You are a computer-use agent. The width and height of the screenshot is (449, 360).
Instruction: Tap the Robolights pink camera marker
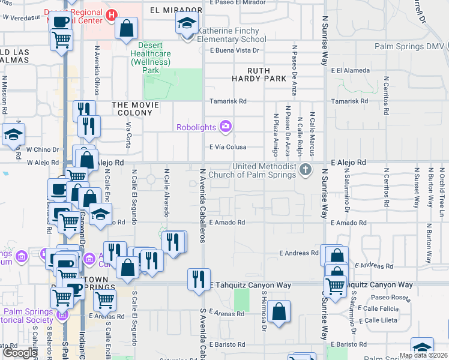226,126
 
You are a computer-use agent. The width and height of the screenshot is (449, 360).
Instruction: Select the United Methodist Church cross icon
306,170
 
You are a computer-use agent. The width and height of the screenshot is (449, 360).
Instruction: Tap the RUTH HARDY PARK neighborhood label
259,74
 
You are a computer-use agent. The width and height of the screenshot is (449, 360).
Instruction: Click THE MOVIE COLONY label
136,105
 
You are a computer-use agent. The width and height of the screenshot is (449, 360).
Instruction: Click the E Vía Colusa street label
228,146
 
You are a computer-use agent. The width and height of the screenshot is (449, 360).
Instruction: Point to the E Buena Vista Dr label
234,50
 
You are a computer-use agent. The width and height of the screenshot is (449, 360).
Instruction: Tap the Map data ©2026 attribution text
423,355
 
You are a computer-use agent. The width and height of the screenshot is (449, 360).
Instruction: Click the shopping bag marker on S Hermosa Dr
279,311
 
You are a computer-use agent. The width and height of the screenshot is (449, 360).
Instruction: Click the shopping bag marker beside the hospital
127,28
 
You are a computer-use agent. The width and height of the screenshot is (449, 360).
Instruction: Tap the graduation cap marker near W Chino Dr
13,135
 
